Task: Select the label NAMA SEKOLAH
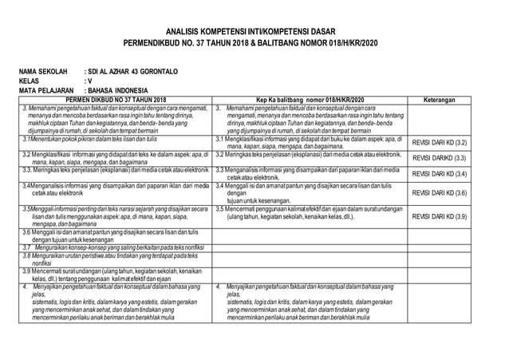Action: pyautogui.click(x=46, y=72)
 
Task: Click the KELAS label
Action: pyautogui.click(x=30, y=81)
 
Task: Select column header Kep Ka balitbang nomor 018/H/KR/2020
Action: pyautogui.click(x=310, y=100)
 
